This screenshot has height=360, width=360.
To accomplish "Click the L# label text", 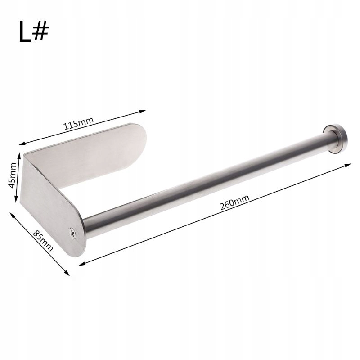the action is click(34, 31).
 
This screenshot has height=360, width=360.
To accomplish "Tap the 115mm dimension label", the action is click(79, 123).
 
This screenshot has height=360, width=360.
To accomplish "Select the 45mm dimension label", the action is click(12, 175).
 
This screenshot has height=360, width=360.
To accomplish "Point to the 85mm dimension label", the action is click(43, 241).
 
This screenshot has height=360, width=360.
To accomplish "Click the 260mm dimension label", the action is click(234, 202).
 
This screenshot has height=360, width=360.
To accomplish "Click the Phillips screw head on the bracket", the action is click(73, 233).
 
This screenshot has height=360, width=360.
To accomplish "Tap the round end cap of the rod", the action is click(336, 139).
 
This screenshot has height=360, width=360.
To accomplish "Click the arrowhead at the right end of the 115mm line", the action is click(143, 112).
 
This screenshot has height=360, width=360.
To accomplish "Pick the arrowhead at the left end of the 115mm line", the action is click(22, 144).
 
